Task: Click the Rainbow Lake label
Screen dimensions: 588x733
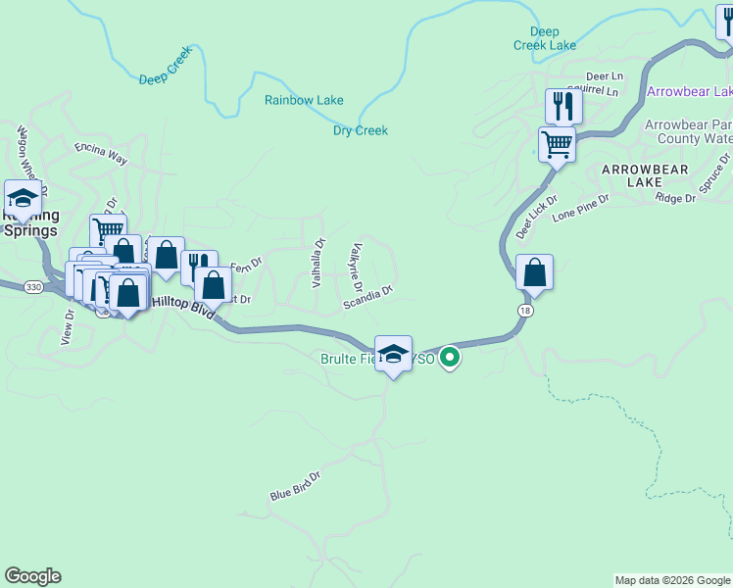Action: tap(304, 100)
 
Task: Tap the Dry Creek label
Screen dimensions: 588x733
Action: tap(361, 130)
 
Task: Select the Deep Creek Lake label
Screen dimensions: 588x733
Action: tap(545, 38)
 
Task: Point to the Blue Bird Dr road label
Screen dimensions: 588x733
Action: tap(296, 485)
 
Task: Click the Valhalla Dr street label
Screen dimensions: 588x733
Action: tap(318, 263)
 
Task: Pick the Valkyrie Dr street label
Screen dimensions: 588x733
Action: tap(356, 269)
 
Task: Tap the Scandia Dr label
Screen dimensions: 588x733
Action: tap(368, 298)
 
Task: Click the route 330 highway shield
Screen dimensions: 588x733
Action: tap(33, 286)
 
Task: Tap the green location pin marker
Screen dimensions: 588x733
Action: tap(450, 358)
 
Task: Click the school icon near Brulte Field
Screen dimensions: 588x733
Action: tap(393, 354)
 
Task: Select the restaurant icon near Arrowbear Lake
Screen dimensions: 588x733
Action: tap(563, 106)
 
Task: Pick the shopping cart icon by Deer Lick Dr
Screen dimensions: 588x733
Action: tap(557, 144)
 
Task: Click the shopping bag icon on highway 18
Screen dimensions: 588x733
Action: tap(534, 271)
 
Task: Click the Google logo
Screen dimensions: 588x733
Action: tap(32, 576)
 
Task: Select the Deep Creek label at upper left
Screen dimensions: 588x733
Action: tap(164, 72)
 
